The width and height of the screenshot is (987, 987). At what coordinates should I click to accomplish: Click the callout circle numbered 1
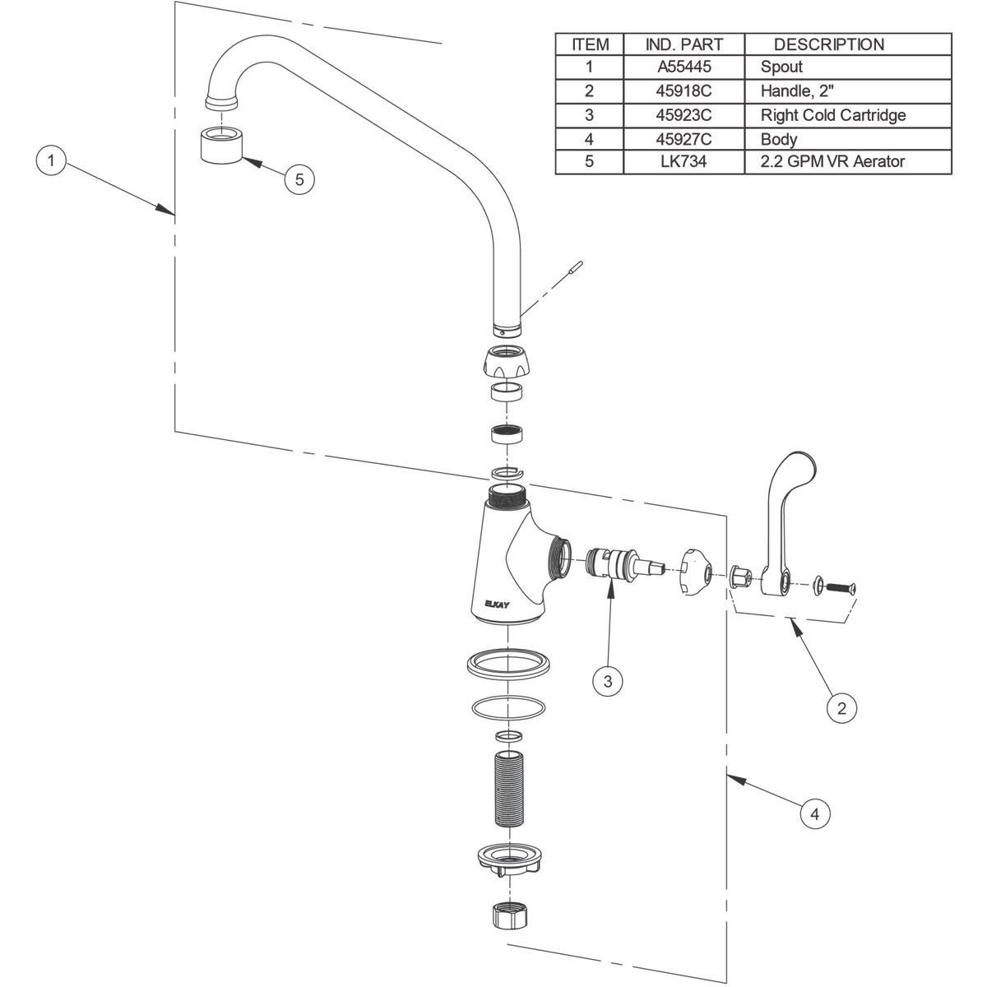pyautogui.click(x=52, y=160)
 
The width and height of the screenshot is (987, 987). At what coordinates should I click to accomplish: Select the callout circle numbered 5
pyautogui.click(x=299, y=179)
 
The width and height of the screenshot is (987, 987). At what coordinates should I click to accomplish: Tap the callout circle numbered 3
pyautogui.click(x=608, y=681)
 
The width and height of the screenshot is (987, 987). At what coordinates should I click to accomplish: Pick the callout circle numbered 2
pyautogui.click(x=841, y=707)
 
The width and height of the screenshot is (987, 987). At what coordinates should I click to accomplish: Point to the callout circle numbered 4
pyautogui.click(x=815, y=814)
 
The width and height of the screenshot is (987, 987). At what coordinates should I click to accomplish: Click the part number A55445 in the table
pyautogui.click(x=683, y=67)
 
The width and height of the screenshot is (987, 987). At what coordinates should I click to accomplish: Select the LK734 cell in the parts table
pyautogui.click(x=683, y=161)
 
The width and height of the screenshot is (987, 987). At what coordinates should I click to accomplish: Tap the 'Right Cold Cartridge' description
pyautogui.click(x=832, y=114)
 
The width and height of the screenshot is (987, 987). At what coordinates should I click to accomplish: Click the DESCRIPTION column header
pyautogui.click(x=828, y=44)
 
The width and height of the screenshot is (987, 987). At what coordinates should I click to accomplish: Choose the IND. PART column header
pyautogui.click(x=683, y=44)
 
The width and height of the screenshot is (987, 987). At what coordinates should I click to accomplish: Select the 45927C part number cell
pyautogui.click(x=683, y=138)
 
